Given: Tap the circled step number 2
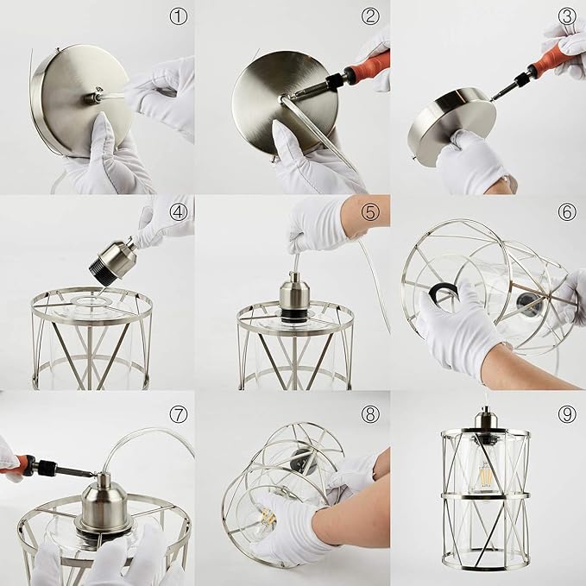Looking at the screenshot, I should [370, 16].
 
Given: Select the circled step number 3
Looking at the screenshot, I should [566, 16].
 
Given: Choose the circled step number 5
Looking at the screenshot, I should [370, 211].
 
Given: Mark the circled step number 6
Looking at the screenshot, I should [566, 211].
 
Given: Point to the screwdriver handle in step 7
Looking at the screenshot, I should [17, 466].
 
